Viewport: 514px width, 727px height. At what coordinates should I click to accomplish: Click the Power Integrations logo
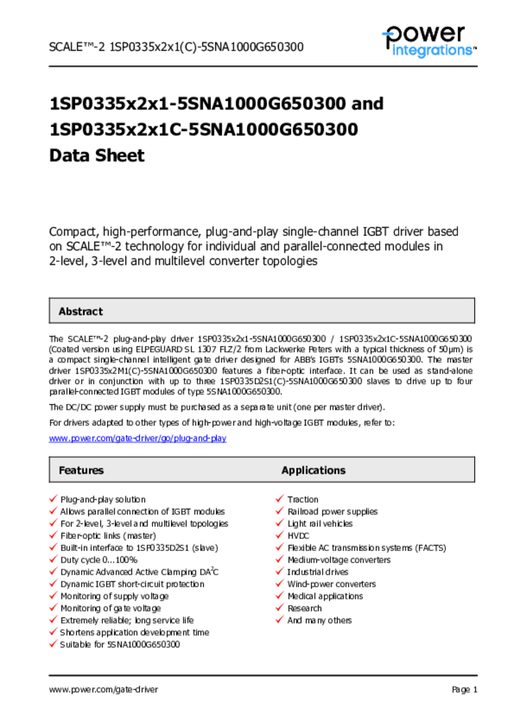click(428, 41)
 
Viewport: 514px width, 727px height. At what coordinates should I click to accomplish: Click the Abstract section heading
click(80, 312)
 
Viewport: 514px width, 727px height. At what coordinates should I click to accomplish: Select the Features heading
click(81, 471)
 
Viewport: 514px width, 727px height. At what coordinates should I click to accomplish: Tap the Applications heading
click(313, 471)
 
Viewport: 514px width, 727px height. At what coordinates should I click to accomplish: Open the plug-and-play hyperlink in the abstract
click(137, 439)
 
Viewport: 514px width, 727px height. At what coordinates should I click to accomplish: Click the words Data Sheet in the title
click(97, 155)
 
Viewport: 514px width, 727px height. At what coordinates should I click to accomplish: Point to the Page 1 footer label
click(464, 689)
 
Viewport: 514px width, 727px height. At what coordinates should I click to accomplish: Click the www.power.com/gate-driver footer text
click(104, 689)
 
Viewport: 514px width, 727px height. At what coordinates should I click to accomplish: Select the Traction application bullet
click(303, 500)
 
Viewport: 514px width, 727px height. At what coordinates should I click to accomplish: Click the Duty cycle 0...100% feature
click(99, 560)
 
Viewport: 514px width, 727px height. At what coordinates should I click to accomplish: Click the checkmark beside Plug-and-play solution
click(53, 500)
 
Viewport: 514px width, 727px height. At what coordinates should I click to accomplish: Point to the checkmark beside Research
click(280, 608)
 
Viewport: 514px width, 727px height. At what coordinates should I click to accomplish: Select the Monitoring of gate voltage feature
click(110, 608)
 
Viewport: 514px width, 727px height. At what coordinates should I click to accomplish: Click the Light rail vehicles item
click(319, 524)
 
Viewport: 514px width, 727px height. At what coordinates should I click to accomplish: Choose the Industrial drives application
click(318, 572)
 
